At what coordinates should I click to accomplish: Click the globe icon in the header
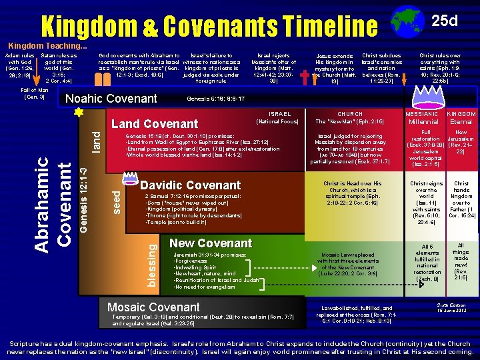tap(402, 20)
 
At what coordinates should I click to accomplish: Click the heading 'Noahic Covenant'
tap(110, 99)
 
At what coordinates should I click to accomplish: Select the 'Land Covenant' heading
tap(155, 124)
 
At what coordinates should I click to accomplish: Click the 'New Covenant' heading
tap(211, 243)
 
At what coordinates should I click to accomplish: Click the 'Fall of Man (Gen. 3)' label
tap(33, 93)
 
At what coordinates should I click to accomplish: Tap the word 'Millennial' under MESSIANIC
tap(423, 122)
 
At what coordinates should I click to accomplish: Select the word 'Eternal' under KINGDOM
tap(461, 122)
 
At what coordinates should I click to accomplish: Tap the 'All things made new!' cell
tap(461, 262)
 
